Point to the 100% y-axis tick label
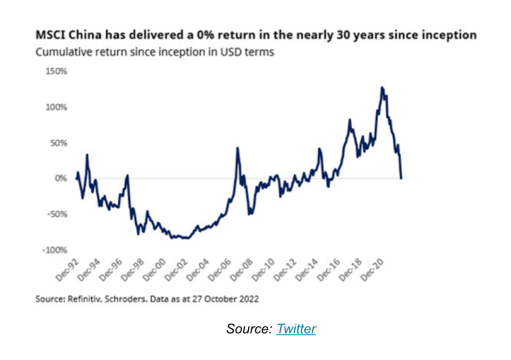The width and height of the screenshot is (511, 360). [57, 107]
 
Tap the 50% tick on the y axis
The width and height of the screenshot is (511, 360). [59, 143]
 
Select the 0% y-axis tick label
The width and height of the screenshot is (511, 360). [61, 178]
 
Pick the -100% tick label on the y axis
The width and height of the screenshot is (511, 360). [55, 250]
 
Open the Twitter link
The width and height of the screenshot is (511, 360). [296, 329]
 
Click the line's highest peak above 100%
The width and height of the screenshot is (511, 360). [382, 87]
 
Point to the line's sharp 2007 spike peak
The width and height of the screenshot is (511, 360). [238, 147]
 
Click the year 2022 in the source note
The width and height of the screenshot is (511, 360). [249, 299]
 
